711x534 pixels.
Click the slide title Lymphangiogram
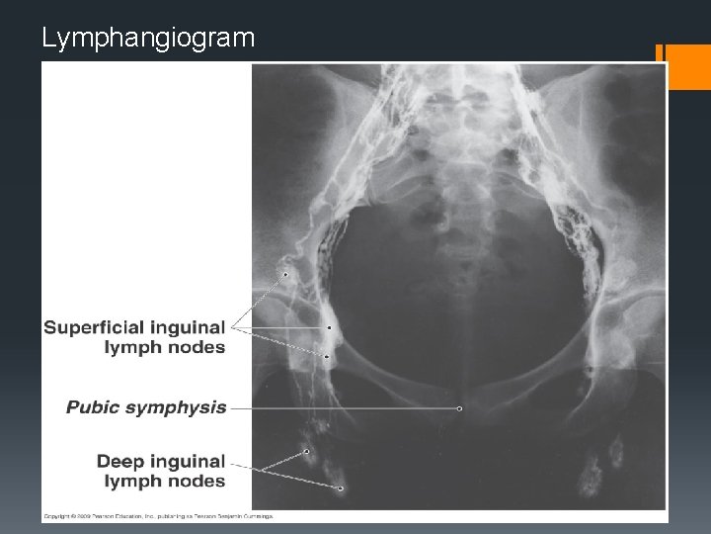coord(148,39)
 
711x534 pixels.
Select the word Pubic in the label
coord(94,406)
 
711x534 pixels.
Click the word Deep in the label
coord(118,462)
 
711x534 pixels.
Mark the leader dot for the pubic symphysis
coord(460,407)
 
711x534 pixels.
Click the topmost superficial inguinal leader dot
coord(285,274)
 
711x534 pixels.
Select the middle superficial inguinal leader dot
coord(328,327)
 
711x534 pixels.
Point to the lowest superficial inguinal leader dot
coord(326,355)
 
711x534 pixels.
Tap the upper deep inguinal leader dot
coord(306,452)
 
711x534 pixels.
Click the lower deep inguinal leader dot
coord(339,488)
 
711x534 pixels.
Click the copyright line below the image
coord(158,516)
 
